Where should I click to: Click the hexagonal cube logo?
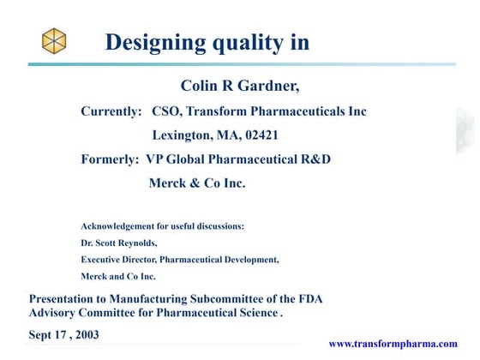(54, 39)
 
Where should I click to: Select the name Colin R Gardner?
(241, 86)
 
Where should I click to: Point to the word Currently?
(111, 111)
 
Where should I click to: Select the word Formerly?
(110, 159)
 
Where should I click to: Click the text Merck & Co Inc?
(197, 183)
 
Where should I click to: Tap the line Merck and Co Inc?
(118, 276)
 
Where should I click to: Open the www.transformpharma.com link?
(393, 343)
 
